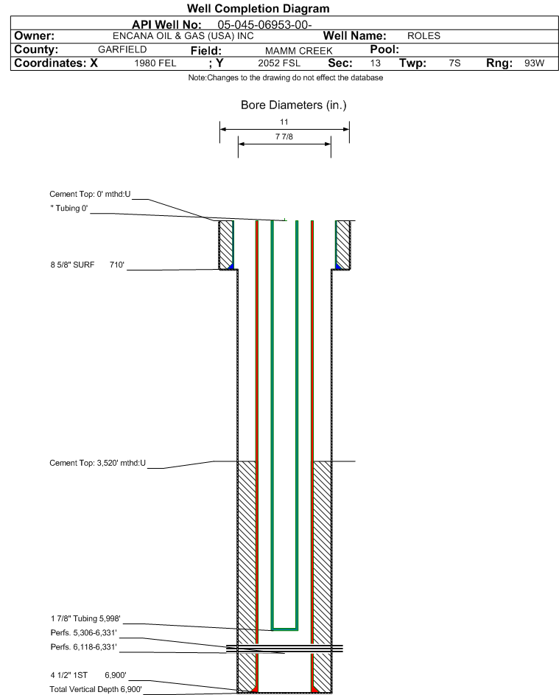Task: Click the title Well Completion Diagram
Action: pos(259,8)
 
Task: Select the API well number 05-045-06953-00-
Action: pos(264,25)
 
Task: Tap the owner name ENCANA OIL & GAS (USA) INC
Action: pos(183,36)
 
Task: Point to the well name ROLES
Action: pos(424,36)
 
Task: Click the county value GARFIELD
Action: pos(122,49)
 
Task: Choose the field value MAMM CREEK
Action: pos(298,51)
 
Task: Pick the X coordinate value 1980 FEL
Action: pos(155,63)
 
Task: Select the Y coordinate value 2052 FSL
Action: pos(279,63)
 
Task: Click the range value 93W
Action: pos(534,63)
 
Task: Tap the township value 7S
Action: pos(454,63)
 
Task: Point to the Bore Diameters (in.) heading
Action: pos(294,105)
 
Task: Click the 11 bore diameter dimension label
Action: pos(284,122)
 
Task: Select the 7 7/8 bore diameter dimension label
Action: pos(284,136)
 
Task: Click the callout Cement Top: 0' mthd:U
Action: pos(90,194)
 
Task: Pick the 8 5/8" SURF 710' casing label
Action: pos(87,265)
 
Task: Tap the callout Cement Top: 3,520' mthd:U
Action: pos(97,463)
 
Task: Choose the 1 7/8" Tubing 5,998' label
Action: pos(85,619)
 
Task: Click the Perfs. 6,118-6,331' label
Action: pos(84,647)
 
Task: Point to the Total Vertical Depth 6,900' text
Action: pos(96,689)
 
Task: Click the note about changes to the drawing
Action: pos(286,77)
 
